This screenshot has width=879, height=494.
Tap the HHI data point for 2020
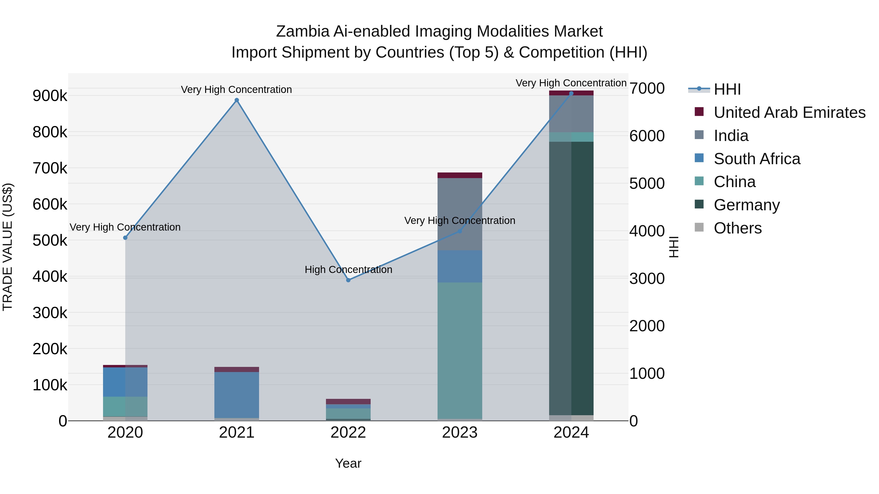(x=125, y=238)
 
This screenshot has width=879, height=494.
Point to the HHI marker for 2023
(x=460, y=231)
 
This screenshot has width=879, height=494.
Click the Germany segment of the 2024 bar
(x=571, y=278)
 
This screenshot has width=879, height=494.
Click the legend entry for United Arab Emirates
(x=789, y=112)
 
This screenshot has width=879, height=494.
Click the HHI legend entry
(x=727, y=89)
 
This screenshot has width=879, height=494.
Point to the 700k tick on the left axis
(x=50, y=168)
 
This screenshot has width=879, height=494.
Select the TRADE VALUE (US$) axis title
(x=8, y=247)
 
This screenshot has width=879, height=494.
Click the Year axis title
(x=348, y=463)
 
